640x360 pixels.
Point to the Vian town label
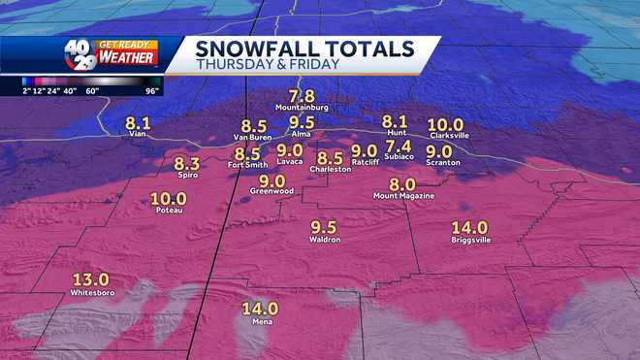[x=138, y=135]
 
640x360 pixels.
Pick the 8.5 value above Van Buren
[x=254, y=125]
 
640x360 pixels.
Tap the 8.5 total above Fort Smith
[x=247, y=153]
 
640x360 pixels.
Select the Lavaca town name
[x=290, y=163]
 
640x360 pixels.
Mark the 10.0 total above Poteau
[x=169, y=199]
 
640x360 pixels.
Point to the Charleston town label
[x=330, y=169]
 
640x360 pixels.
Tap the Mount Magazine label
[x=403, y=196]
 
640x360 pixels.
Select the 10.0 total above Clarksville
[x=446, y=124]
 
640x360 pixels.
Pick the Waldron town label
[x=323, y=239]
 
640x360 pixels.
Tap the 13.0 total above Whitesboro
[x=91, y=279]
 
